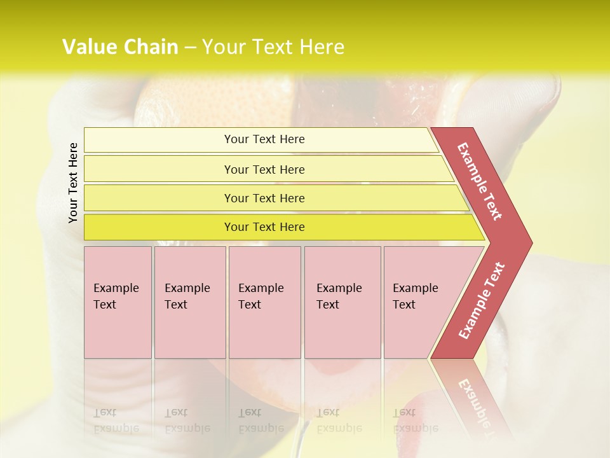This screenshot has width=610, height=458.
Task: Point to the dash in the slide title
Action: point(190,47)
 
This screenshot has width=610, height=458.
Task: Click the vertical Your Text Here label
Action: point(73,183)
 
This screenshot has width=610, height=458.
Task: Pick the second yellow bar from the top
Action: point(264,169)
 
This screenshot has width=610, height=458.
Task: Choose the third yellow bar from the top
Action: point(264,198)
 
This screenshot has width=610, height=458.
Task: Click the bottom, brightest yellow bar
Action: point(264,227)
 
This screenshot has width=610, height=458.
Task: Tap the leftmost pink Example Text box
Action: point(118,302)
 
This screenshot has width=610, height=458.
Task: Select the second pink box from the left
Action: point(189,302)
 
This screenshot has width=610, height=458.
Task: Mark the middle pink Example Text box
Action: point(264,302)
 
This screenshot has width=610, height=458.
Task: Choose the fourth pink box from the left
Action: point(342,302)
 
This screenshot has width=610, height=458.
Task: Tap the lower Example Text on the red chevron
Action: point(482,301)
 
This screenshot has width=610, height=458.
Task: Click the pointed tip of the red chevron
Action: point(530,242)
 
